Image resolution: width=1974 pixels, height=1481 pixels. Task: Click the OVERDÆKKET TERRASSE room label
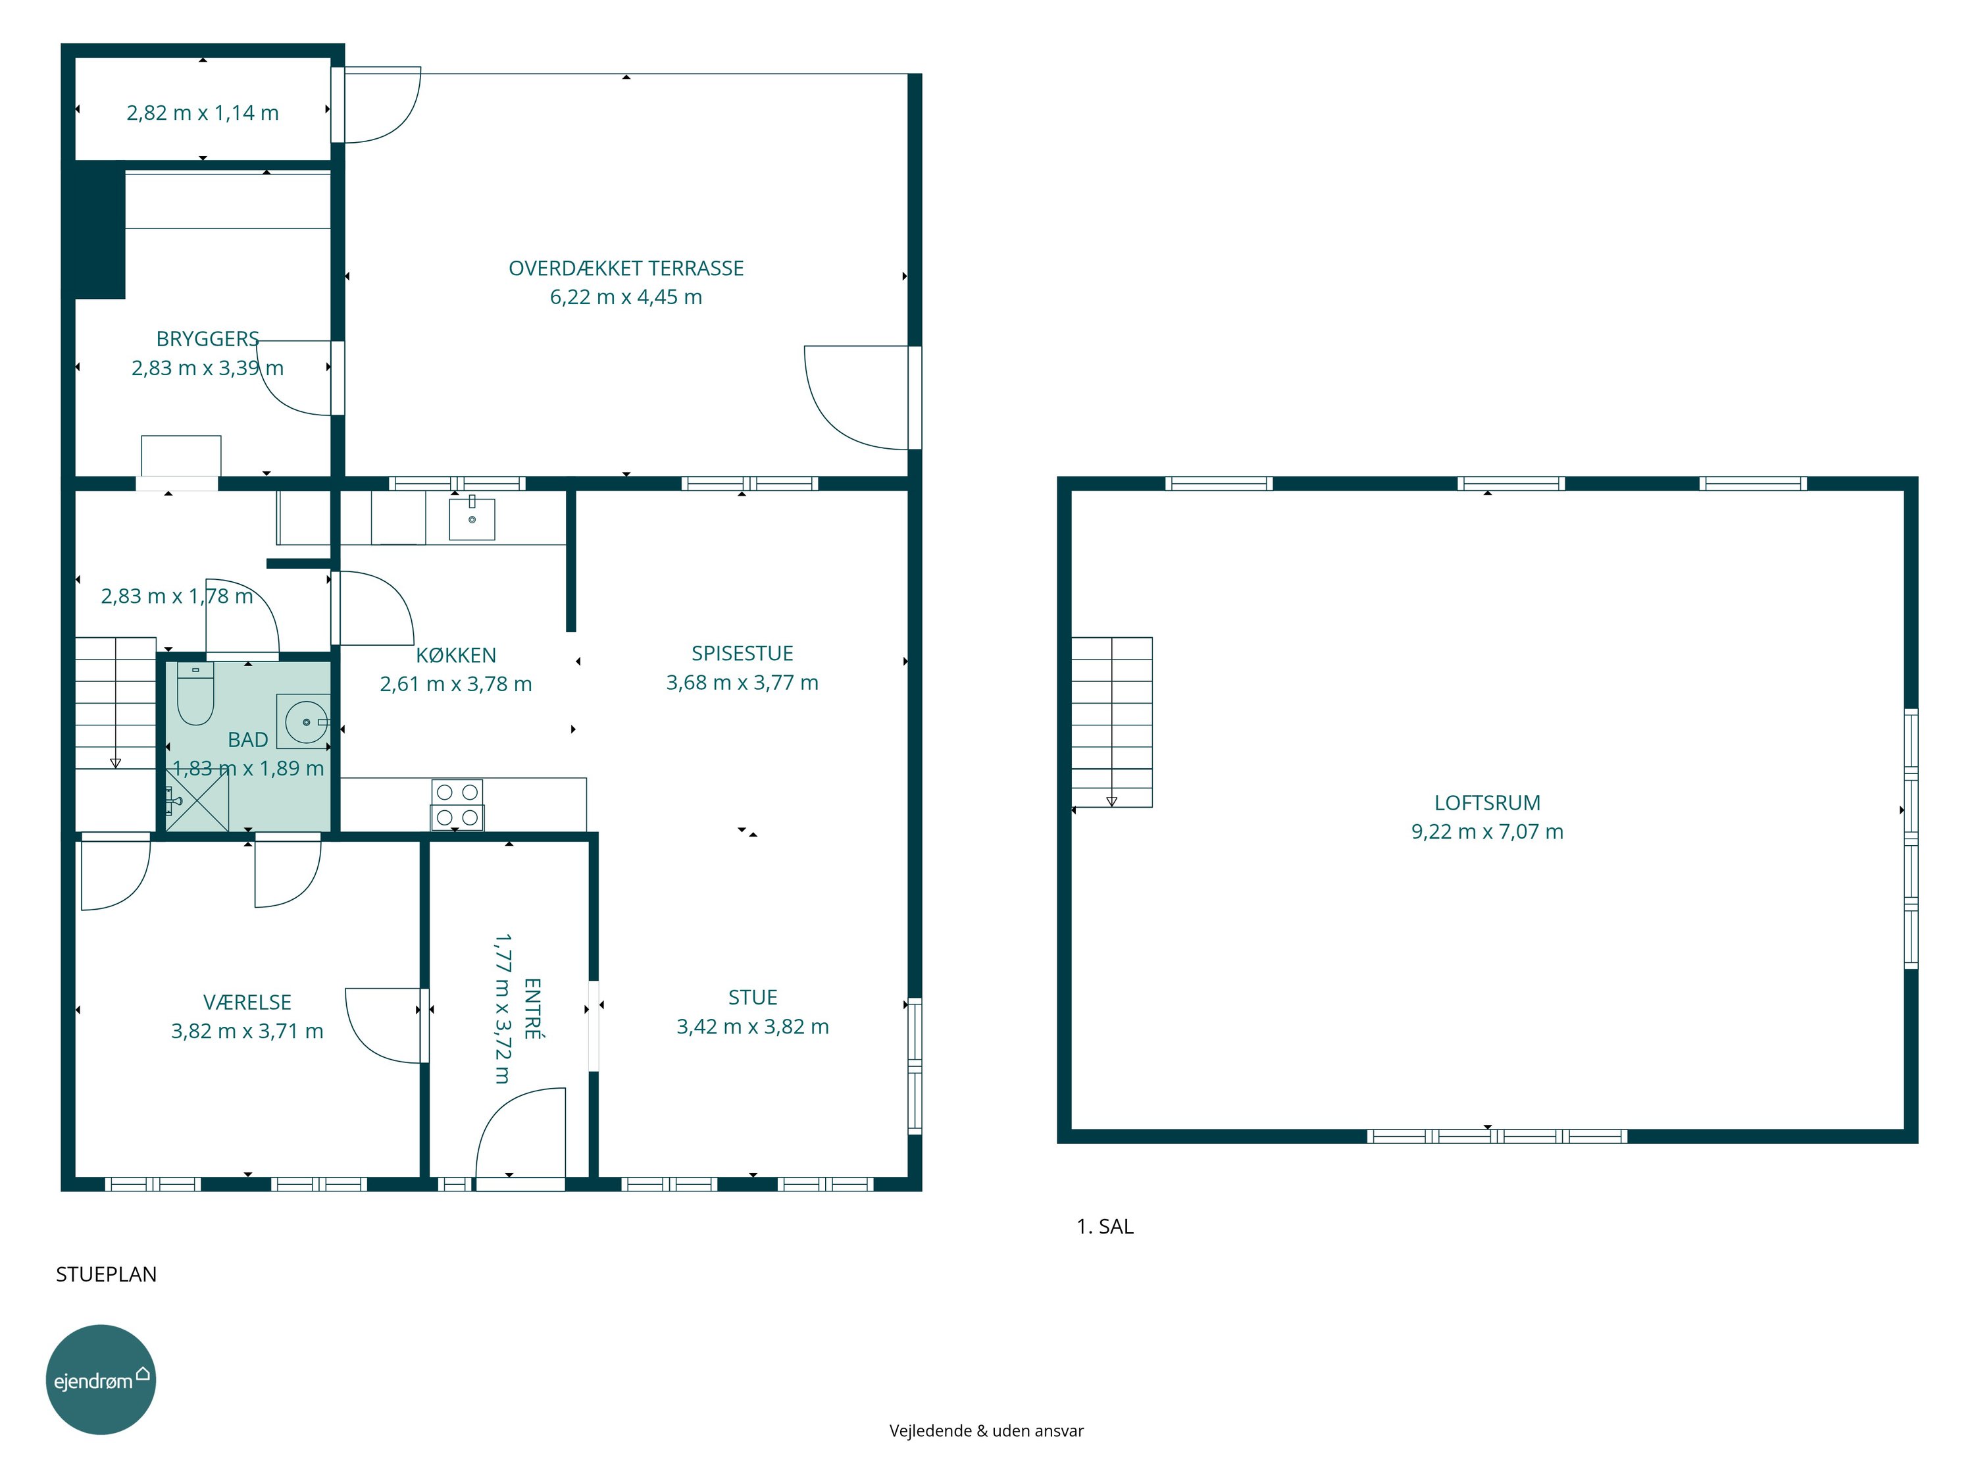pos(626,268)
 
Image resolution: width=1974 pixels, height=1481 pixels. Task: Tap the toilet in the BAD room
pos(195,694)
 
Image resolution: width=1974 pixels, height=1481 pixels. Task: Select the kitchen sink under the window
pos(471,518)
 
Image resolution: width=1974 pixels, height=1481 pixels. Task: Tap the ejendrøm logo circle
pos(101,1379)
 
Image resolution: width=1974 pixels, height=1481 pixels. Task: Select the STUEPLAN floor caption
pos(106,1274)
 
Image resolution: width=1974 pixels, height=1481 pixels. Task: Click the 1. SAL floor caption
pos(1105,1226)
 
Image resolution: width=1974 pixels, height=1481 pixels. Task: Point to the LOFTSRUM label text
pos(1486,802)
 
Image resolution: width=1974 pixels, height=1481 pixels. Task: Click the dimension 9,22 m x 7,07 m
pos(1486,831)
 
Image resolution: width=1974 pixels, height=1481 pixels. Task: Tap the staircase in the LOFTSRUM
pos(1112,722)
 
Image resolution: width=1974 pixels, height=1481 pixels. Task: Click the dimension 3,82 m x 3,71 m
pos(247,1031)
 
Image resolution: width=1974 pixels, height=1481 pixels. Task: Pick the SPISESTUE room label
pos(742,652)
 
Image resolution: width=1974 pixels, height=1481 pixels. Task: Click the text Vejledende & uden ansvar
pos(986,1430)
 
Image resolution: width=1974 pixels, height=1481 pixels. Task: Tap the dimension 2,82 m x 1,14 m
pos(203,113)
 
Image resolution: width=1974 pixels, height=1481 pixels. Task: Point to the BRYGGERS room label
pos(208,338)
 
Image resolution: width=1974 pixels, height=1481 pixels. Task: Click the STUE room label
pos(752,997)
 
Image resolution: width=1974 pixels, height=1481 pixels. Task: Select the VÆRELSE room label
pos(247,1002)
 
